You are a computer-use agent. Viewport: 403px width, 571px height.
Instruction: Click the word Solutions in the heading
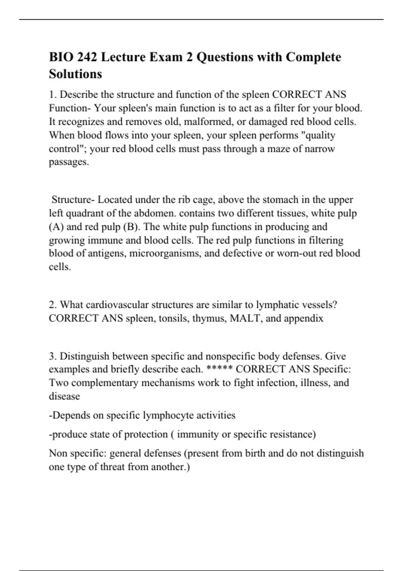[76, 74]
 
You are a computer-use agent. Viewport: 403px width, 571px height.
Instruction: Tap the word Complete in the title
[313, 57]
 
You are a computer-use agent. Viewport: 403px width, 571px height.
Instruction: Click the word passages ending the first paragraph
[69, 162]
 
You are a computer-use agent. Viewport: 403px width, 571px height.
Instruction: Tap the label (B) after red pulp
[132, 227]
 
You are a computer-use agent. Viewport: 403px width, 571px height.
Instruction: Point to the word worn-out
[296, 253]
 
